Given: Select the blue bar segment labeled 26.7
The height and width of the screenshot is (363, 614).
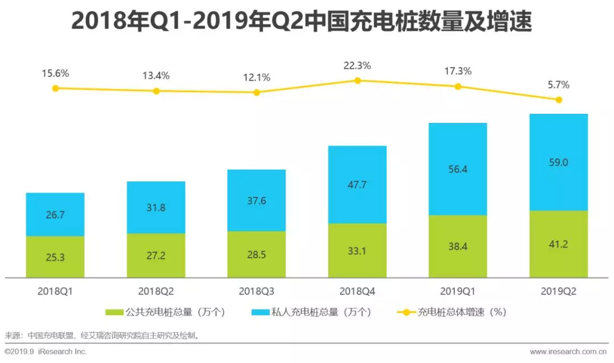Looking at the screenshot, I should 55,214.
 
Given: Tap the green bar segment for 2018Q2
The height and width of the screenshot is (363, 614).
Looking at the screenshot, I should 156,255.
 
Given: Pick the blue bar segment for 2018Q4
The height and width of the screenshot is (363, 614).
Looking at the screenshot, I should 357,184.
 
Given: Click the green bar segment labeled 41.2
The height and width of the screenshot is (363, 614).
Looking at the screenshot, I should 558,244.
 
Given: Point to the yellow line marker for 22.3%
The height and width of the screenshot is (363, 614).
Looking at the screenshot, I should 358,81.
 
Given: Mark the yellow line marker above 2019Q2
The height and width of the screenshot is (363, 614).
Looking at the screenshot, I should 559,100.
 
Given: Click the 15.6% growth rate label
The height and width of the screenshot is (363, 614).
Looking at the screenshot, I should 55,73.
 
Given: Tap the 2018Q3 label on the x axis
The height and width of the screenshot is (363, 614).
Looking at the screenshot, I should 256,291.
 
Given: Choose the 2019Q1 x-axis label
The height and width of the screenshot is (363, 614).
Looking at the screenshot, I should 458,291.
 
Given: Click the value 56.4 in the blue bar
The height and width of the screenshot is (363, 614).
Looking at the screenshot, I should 458,169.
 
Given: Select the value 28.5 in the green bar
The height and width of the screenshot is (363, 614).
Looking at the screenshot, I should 256,254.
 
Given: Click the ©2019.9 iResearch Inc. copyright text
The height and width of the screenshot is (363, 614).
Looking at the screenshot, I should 45,352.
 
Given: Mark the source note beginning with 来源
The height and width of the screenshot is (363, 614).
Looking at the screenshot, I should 102,335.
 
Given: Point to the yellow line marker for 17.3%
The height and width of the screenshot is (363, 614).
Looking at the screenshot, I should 458,86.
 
